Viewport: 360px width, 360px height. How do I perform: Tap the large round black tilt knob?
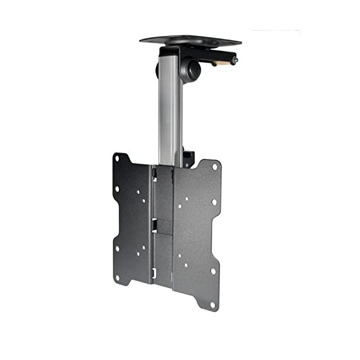pyautogui.click(x=193, y=69)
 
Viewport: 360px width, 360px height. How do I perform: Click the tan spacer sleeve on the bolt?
pyautogui.click(x=225, y=61)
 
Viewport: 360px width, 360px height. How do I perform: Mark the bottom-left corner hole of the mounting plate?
pyautogui.click(x=118, y=278)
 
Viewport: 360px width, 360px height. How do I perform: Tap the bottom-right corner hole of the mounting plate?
pyautogui.click(x=212, y=305)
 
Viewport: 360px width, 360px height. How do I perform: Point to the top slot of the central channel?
pyautogui.click(x=154, y=174)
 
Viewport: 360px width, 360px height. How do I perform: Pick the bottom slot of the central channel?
pyautogui.click(x=154, y=274)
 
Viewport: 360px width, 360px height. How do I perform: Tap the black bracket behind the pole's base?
pyautogui.click(x=188, y=158)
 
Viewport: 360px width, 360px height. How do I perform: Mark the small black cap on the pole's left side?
pyautogui.click(x=158, y=69)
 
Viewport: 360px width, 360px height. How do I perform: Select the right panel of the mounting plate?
pyautogui.click(x=195, y=234)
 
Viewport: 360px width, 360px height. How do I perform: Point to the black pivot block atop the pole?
pyautogui.click(x=174, y=52)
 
